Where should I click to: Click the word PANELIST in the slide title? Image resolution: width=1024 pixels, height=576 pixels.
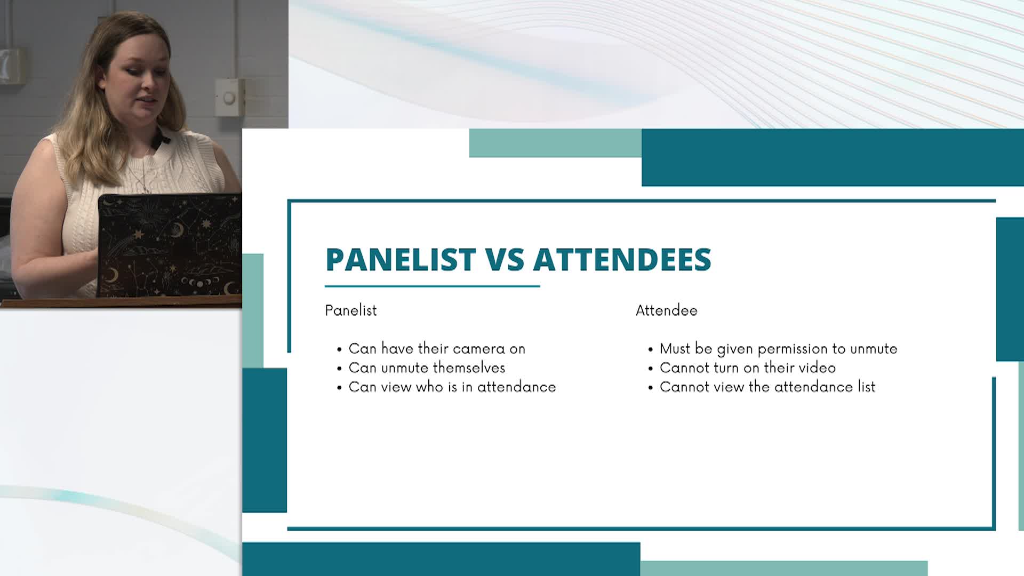(x=400, y=260)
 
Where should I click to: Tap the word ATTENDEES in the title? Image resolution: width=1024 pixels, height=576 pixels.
(x=622, y=260)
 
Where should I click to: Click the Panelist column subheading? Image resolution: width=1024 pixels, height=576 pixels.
(x=351, y=310)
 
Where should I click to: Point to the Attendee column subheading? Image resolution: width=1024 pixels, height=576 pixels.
(x=666, y=310)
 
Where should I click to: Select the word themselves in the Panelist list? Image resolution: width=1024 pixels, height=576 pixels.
(x=469, y=368)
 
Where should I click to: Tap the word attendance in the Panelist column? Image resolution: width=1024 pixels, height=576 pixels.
(x=516, y=387)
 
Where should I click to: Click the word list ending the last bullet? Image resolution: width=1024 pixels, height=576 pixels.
(x=866, y=387)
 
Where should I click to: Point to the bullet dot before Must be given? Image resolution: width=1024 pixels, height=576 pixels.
(x=650, y=350)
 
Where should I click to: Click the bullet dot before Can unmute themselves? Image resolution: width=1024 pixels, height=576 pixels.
(x=339, y=369)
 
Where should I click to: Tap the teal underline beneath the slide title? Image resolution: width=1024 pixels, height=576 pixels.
(x=432, y=286)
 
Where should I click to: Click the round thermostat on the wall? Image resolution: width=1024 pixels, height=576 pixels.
(x=229, y=98)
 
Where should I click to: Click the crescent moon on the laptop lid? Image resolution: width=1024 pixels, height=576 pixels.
(x=111, y=275)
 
